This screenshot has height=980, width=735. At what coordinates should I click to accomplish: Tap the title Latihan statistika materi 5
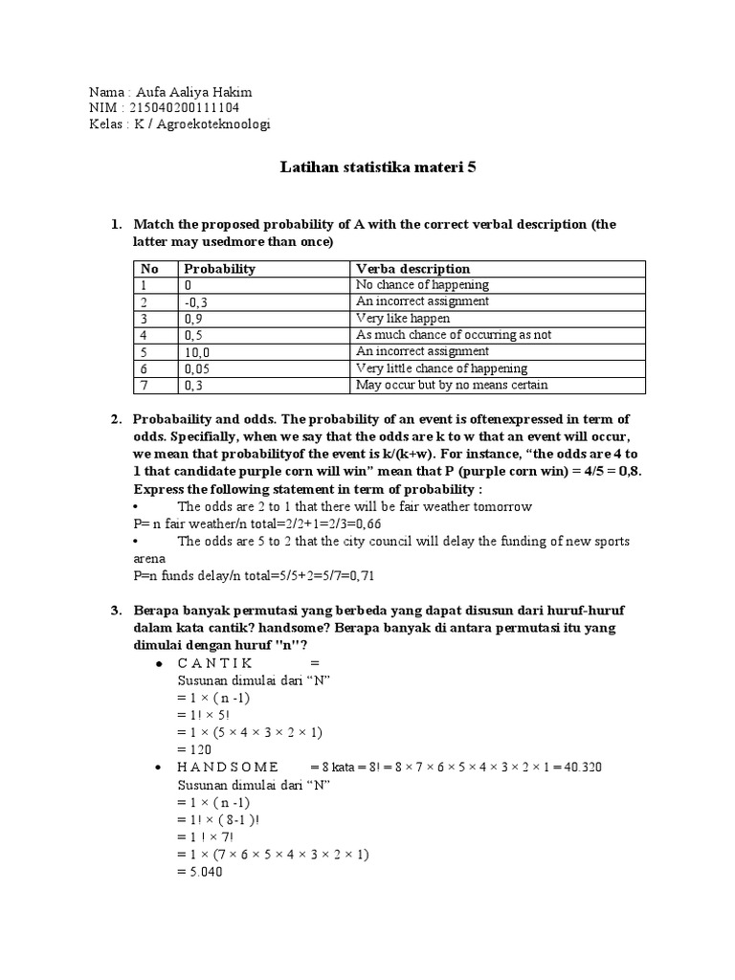[377, 167]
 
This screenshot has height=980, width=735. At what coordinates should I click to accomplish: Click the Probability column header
[219, 269]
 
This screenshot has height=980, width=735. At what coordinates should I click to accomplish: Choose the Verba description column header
[412, 269]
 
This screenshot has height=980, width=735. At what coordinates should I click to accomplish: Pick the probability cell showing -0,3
[196, 301]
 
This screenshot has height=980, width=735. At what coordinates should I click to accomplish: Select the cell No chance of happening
[422, 285]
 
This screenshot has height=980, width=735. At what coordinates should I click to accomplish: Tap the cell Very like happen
[402, 319]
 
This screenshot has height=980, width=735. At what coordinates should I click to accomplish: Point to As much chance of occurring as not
[453, 335]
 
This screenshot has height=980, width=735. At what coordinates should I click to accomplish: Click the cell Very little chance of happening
[441, 368]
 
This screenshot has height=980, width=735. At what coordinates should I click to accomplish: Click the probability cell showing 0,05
[196, 368]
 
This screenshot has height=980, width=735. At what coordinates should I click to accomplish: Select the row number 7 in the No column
[143, 385]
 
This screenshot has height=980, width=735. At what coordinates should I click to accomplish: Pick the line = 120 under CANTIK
[194, 749]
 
